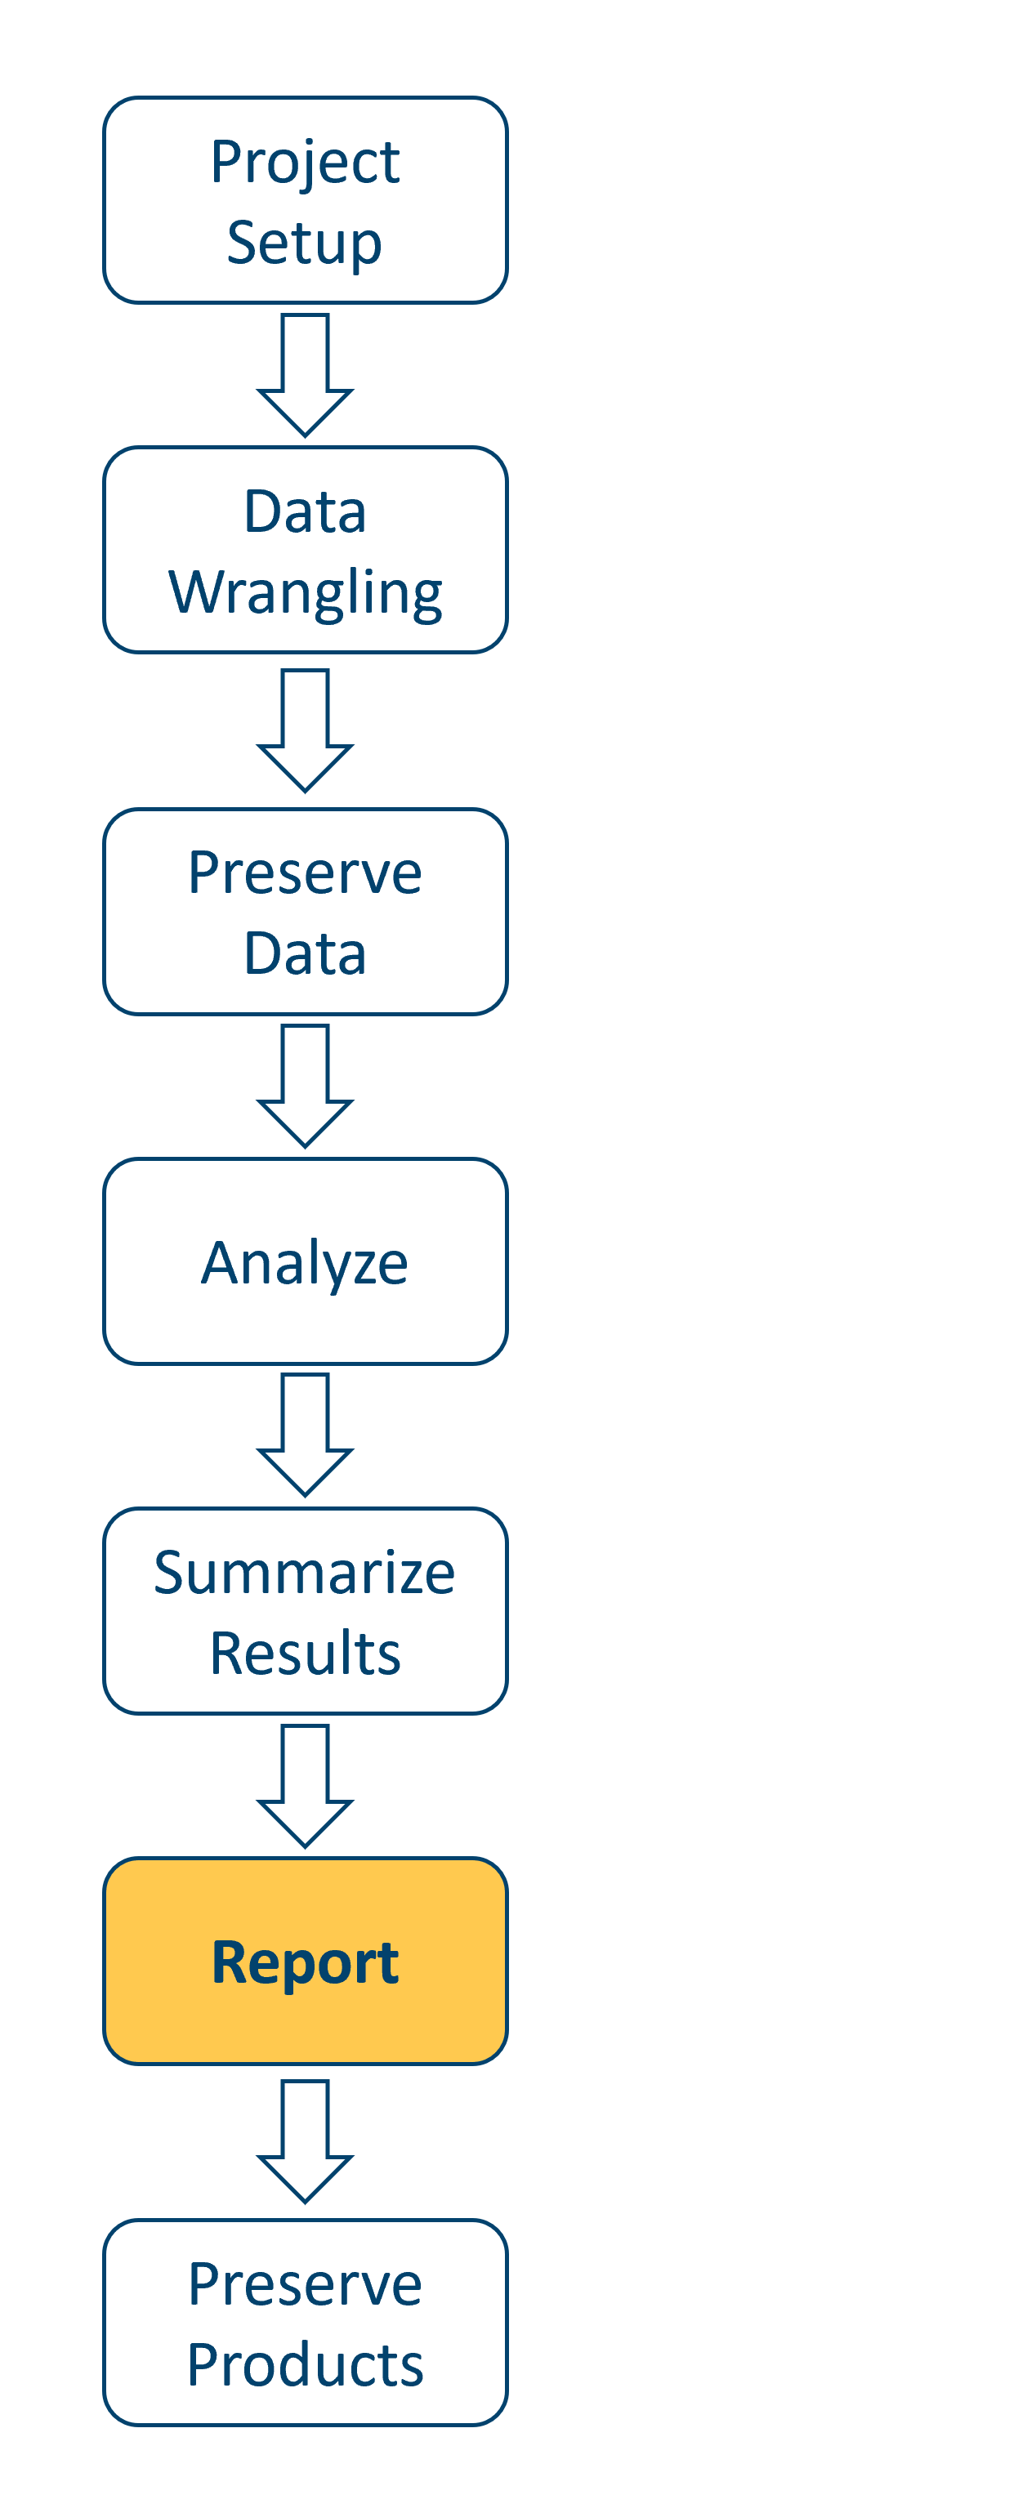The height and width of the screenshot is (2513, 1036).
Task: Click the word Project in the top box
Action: pos(305,162)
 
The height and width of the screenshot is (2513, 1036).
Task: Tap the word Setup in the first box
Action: pos(305,242)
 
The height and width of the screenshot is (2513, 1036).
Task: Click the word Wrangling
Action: pos(305,592)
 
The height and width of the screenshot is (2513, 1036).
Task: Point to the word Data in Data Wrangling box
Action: pos(305,512)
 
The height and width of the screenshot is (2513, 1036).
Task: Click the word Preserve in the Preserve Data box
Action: pos(305,873)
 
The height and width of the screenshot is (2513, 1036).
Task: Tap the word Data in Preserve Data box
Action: pos(305,953)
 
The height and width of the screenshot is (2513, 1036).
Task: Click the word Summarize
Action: pos(305,1573)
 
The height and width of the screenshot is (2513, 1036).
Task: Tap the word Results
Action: pos(305,1654)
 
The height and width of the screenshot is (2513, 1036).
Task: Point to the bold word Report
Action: pos(305,1963)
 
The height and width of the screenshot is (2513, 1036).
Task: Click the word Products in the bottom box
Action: pos(305,2366)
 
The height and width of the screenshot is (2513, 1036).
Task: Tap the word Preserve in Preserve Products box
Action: pos(305,2285)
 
